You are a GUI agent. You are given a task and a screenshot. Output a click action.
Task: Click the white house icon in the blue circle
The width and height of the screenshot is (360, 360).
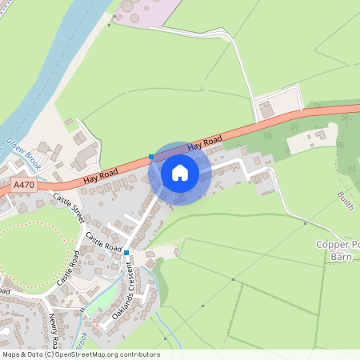click(180, 173)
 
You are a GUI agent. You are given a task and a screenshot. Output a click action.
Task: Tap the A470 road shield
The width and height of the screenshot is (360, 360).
click(25, 185)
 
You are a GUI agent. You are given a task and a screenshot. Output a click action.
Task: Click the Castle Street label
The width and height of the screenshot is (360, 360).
click(68, 208)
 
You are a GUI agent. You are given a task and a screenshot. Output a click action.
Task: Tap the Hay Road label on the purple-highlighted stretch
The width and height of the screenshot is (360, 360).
click(205, 145)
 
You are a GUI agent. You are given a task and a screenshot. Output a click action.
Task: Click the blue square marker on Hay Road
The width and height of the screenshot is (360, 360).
click(151, 157)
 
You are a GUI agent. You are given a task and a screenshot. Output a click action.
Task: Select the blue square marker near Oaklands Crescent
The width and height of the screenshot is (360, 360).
click(126, 252)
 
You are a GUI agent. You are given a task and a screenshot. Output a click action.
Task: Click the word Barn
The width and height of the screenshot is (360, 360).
click(342, 257)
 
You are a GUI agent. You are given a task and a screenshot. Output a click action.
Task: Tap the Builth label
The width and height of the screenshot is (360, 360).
click(345, 199)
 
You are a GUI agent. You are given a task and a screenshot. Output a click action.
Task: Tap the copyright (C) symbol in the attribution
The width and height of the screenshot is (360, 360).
click(49, 354)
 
